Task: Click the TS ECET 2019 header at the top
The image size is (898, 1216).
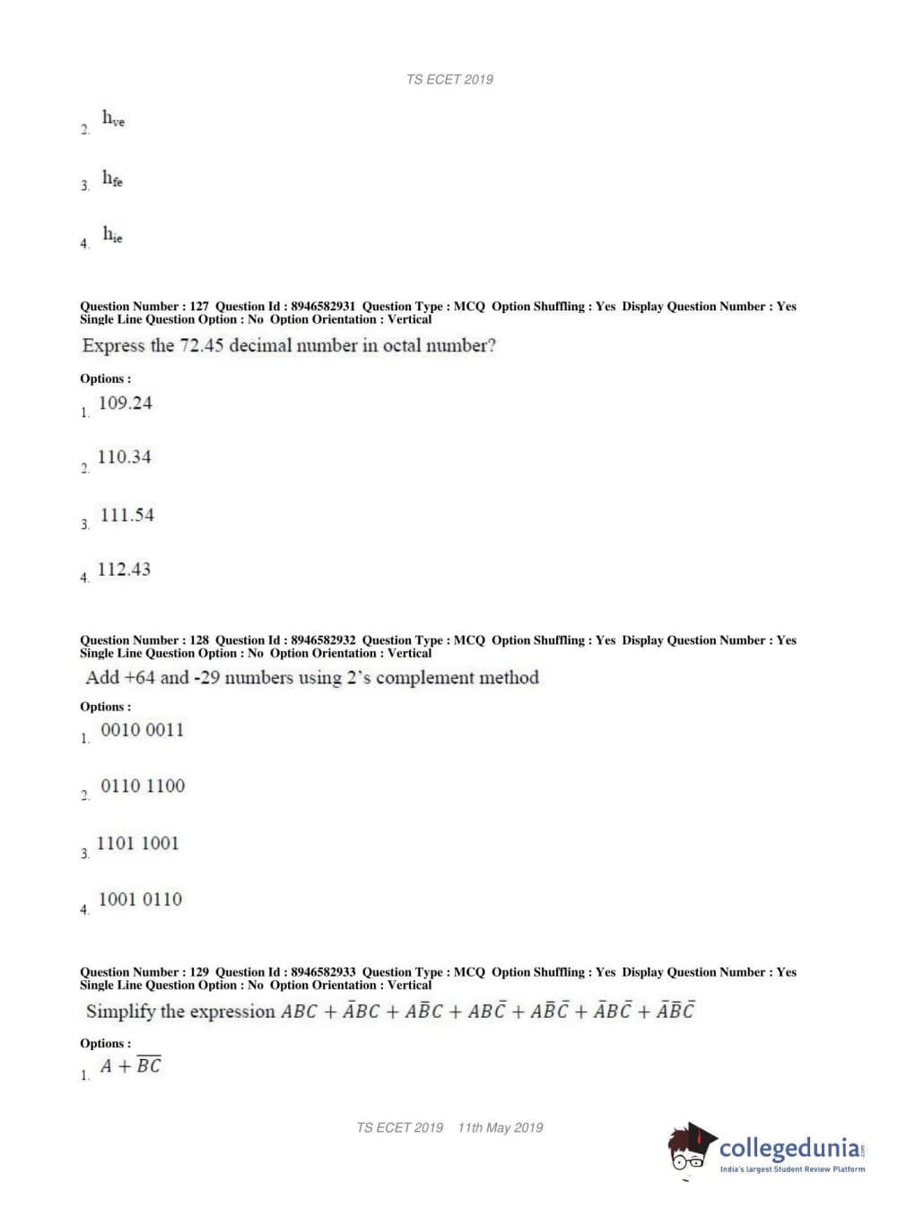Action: point(449,79)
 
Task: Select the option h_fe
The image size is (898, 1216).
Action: point(112,178)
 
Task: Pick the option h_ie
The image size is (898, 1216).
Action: point(112,235)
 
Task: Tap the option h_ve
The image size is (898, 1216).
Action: point(113,118)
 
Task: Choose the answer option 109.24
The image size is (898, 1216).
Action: point(125,403)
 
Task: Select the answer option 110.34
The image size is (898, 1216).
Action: point(124,456)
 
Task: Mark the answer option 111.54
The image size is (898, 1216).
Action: point(126,515)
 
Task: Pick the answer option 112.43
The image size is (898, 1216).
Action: point(124,569)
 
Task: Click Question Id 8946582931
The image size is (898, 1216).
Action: point(323,307)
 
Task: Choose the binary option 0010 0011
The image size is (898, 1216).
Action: point(142,730)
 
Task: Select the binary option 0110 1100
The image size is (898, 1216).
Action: point(143,786)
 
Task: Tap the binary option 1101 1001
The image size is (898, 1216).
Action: point(137,843)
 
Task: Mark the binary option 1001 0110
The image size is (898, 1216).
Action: point(140,899)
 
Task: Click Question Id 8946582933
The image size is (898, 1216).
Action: point(323,972)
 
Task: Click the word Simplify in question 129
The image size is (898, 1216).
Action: point(120,1012)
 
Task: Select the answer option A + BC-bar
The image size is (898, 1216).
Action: point(131,1065)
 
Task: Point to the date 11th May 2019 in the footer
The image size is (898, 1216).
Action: point(500,1127)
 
